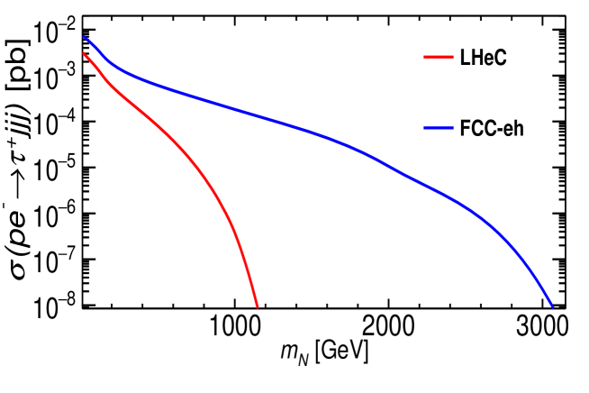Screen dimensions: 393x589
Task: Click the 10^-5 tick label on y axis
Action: pos(55,168)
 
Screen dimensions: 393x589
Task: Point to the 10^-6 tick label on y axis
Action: pos(55,214)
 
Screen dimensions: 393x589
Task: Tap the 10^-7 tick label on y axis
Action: pos(55,260)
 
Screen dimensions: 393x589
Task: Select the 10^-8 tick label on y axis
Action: pos(55,305)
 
